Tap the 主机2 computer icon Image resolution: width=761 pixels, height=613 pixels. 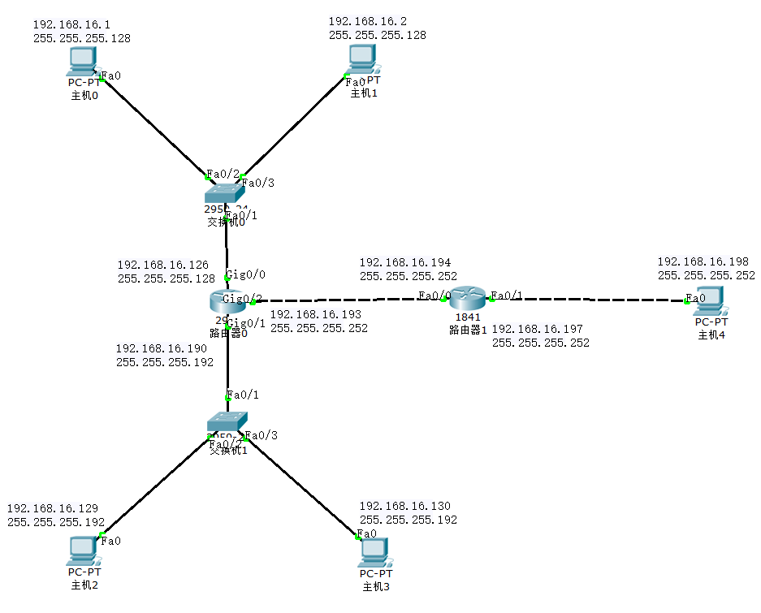[x=82, y=551]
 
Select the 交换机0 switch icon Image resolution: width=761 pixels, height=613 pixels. [x=224, y=192]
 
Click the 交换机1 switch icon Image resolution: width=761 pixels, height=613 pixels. [x=226, y=423]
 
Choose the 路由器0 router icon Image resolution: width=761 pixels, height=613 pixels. [x=226, y=300]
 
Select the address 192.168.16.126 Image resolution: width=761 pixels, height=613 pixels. [x=162, y=265]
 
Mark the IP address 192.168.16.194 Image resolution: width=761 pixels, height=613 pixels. [x=404, y=262]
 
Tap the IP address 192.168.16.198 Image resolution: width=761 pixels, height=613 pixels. [x=703, y=261]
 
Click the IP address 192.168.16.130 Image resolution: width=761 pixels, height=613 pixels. [x=404, y=506]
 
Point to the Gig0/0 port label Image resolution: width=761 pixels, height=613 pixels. [x=245, y=274]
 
